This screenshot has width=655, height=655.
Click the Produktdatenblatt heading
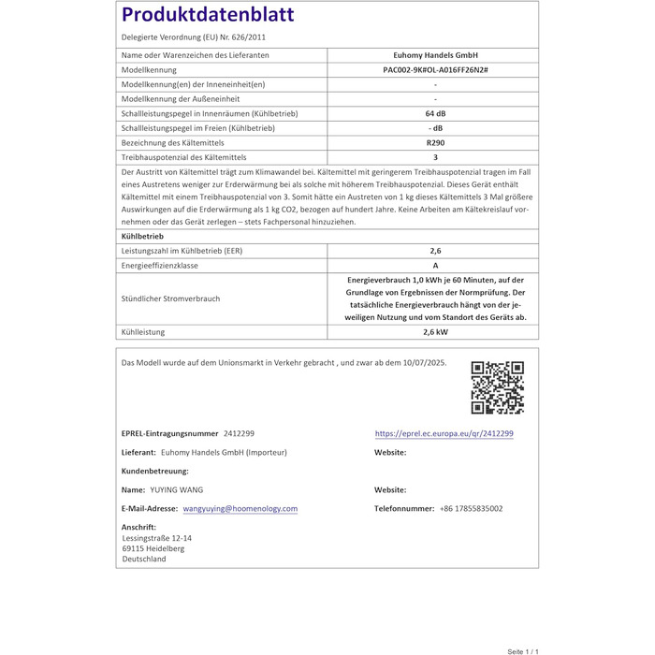[x=208, y=16]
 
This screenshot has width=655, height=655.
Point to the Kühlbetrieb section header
[x=143, y=237]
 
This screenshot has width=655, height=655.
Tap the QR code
[x=497, y=387]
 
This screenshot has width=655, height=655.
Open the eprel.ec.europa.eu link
[x=444, y=434]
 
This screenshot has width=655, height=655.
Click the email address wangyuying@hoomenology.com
[x=240, y=509]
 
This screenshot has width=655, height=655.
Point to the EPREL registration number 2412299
[x=239, y=434]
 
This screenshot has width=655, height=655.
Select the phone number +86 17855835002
[x=471, y=509]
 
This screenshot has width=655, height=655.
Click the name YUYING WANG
[x=176, y=489]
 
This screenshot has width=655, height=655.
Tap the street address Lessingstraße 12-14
[x=156, y=538]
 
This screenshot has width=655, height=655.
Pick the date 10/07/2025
[x=422, y=362]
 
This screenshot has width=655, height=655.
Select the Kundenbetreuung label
[x=154, y=471]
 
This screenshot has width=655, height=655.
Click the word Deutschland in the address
[x=143, y=559]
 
